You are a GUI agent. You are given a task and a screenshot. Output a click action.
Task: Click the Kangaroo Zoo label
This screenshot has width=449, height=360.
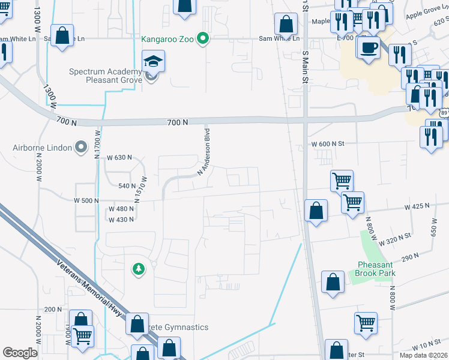(167, 40)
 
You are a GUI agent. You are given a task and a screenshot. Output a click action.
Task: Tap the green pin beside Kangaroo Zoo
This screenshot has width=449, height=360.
(203, 40)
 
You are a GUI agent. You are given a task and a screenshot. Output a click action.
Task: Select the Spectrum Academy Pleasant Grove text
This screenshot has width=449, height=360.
(105, 76)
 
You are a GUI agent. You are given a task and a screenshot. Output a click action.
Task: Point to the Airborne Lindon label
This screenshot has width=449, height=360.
(41, 148)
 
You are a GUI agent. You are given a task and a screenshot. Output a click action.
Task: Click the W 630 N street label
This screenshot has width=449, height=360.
(119, 157)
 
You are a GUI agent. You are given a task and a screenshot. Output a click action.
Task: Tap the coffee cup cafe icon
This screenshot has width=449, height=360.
(368, 46)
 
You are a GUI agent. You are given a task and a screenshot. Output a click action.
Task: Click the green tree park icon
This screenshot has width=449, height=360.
(139, 269)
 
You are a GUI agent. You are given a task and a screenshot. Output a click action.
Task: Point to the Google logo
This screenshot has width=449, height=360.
(20, 353)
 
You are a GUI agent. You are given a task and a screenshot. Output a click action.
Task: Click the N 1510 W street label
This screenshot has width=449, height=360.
(142, 188)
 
